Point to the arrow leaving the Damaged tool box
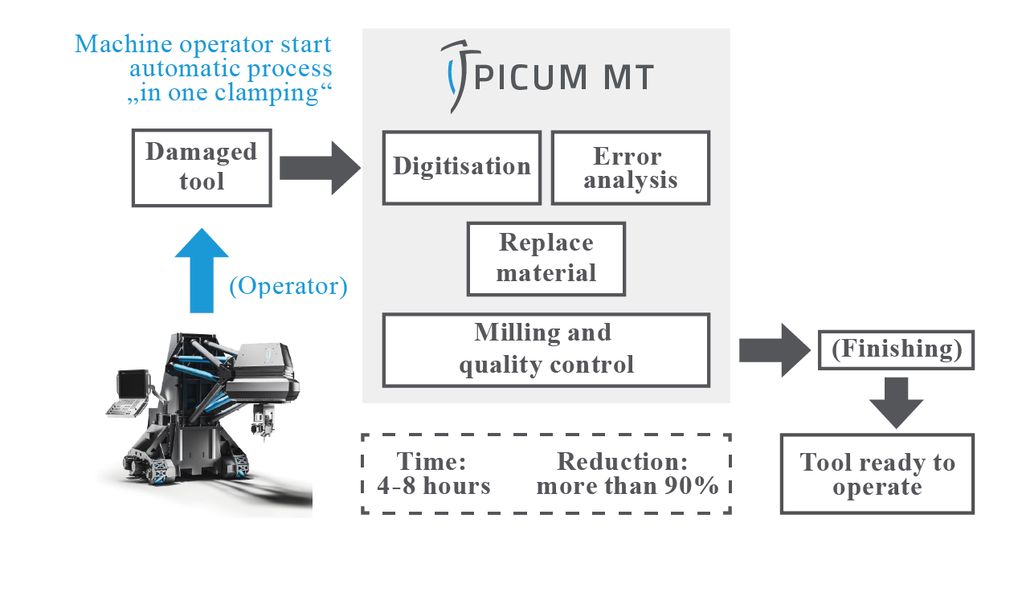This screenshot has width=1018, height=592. pos(320,168)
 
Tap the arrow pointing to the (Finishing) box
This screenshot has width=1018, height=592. pos(775,350)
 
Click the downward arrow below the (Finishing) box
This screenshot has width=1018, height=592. pos(896,402)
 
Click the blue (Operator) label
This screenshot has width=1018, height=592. pos(288,286)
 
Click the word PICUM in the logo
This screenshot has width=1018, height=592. pos(530,77)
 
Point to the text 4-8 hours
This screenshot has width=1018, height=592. pos(434,486)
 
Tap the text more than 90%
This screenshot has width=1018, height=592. pos(628,486)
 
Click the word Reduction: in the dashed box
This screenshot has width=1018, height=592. pos(622,462)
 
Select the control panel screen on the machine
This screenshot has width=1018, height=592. pos(133,385)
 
